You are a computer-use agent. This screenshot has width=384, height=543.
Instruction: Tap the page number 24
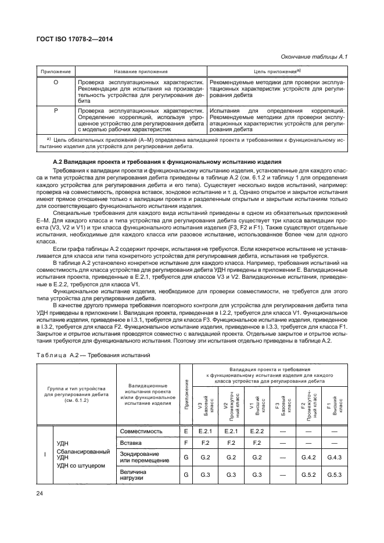click(x=41, y=494)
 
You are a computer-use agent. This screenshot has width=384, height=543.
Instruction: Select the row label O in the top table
click(x=56, y=83)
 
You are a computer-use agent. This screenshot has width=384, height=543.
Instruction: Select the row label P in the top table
click(x=56, y=110)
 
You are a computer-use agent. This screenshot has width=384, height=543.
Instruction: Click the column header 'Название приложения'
click(x=141, y=71)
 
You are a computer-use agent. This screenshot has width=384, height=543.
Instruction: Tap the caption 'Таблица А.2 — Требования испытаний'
click(x=93, y=356)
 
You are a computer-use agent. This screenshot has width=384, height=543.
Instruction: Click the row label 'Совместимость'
click(x=141, y=431)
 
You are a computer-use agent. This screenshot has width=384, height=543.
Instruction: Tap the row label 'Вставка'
click(x=131, y=444)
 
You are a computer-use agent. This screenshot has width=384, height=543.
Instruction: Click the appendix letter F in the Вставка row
click(x=185, y=444)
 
